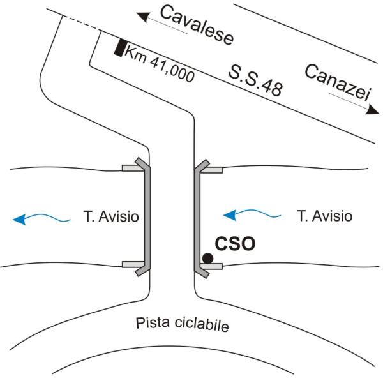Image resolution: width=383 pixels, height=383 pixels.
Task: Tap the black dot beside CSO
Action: pyautogui.click(x=207, y=258)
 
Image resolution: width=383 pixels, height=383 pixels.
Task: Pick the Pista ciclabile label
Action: pyautogui.click(x=182, y=324)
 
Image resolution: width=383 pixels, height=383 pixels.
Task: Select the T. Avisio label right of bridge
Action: pyautogui.click(x=324, y=216)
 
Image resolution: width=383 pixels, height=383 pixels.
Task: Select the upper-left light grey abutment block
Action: pyautogui.click(x=130, y=169)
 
